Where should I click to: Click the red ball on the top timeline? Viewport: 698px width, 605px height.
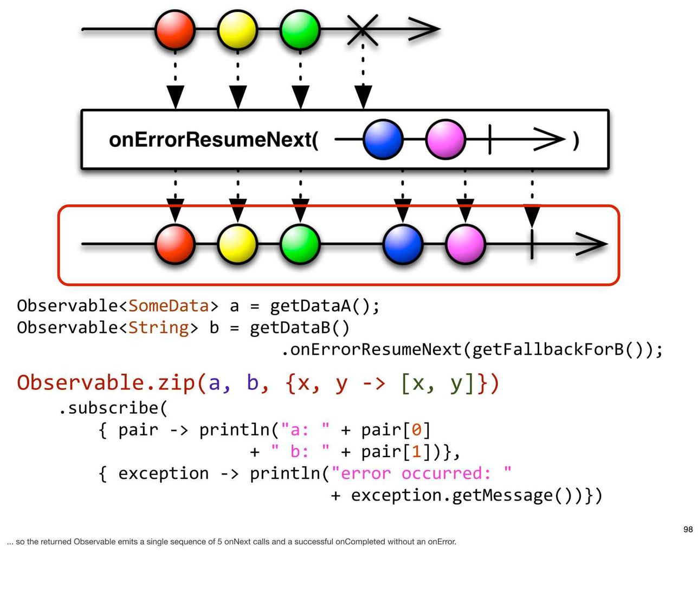[x=175, y=30]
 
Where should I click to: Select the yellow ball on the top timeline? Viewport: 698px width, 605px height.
[x=237, y=30]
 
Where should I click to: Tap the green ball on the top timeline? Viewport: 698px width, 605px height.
[x=300, y=30]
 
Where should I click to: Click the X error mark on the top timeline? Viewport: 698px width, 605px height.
[x=363, y=30]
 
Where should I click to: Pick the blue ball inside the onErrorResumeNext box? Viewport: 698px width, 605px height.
[x=383, y=139]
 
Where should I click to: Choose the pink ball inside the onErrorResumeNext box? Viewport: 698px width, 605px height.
[x=445, y=139]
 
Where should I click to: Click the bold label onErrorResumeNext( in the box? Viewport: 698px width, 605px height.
[x=214, y=140]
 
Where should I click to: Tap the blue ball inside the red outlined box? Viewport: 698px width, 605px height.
[x=403, y=244]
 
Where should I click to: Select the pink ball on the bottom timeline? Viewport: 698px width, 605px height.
[x=466, y=244]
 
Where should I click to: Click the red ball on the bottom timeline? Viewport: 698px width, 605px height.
[x=175, y=244]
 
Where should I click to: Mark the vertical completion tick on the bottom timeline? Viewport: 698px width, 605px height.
[x=532, y=244]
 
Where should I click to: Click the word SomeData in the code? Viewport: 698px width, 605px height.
[x=169, y=305]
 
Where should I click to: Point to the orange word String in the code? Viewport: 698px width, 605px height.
[x=159, y=328]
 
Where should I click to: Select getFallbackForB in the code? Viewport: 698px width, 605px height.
[x=548, y=349]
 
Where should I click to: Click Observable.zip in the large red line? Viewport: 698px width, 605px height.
[x=106, y=383]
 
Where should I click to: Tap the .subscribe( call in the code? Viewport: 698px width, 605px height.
[x=113, y=408]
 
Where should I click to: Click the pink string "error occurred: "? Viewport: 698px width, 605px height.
[x=421, y=473]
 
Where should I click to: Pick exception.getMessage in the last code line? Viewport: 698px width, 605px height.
[x=451, y=496]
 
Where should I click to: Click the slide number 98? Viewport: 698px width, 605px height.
[x=688, y=529]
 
